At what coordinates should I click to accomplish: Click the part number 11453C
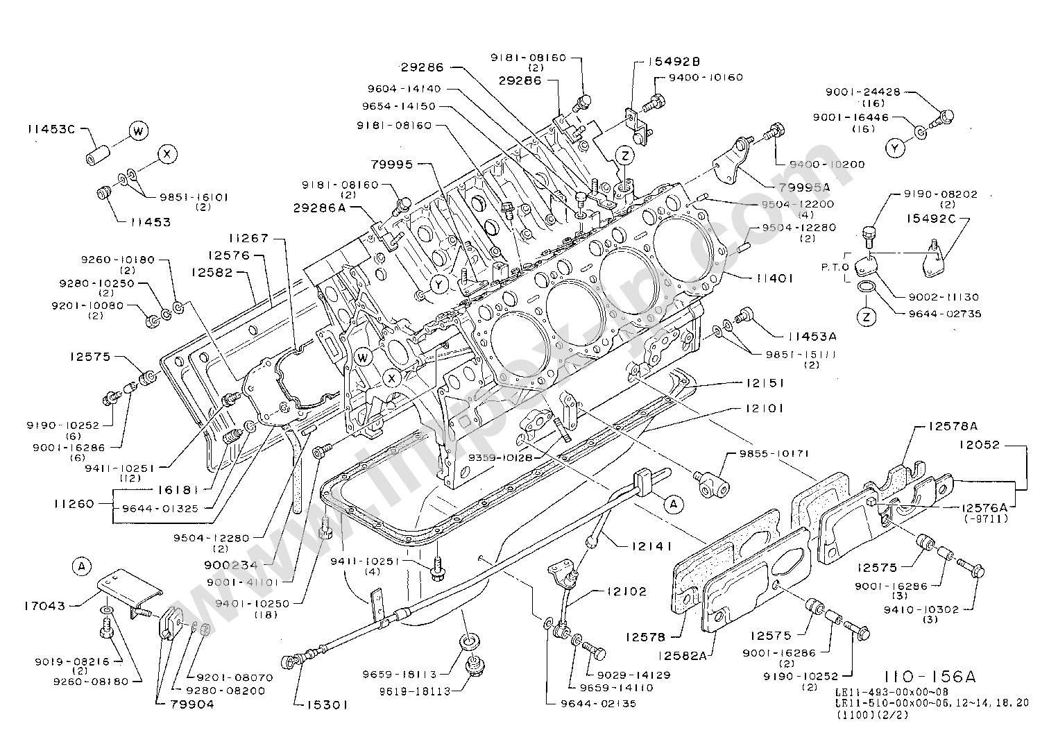click(x=51, y=129)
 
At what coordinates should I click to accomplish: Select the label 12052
click(x=980, y=445)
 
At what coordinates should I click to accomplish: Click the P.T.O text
click(x=830, y=267)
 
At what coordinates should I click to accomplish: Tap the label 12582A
click(x=683, y=654)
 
